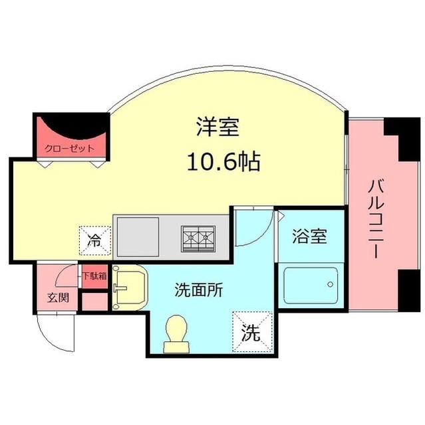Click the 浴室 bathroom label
pos(310,237)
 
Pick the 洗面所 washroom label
pos(198,290)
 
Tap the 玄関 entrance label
pos(58,297)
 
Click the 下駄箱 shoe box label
pos(94,275)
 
